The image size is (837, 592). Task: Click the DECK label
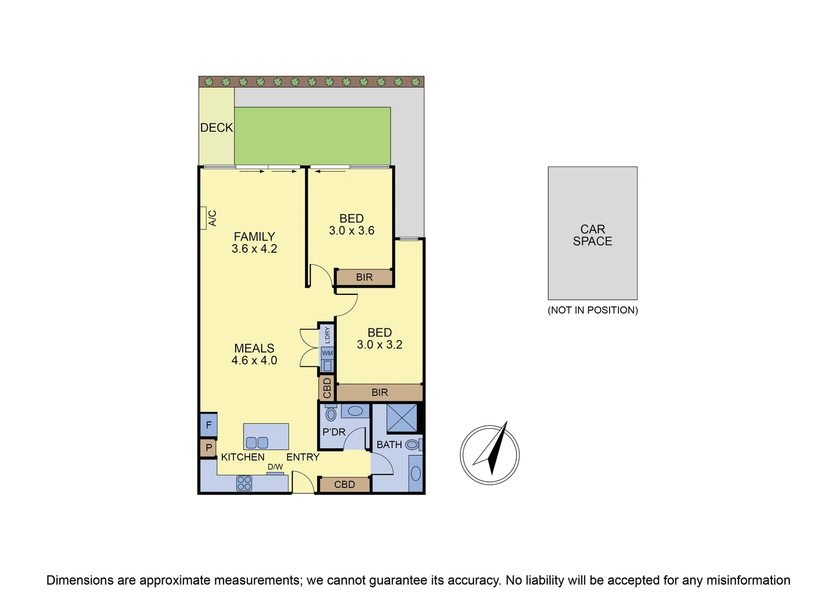(x=216, y=128)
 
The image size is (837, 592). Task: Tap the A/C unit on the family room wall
(x=204, y=218)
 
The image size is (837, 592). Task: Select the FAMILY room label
(x=254, y=237)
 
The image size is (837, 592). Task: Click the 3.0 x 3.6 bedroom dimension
(x=352, y=231)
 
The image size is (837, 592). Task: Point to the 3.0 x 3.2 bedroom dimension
(x=380, y=345)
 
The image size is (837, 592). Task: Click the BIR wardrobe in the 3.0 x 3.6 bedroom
(x=364, y=277)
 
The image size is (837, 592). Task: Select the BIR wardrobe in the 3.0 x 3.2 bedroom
(x=380, y=392)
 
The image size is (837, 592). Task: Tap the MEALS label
(x=254, y=349)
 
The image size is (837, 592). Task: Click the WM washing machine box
(x=328, y=354)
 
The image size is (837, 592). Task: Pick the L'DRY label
(x=328, y=335)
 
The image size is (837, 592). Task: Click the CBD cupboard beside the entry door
(x=345, y=485)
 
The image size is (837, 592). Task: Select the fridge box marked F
(x=209, y=425)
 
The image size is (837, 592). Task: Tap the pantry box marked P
(x=209, y=448)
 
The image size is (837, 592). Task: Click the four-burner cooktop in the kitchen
(x=244, y=483)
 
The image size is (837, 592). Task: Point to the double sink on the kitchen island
(x=257, y=442)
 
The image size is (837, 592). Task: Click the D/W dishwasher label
(x=275, y=467)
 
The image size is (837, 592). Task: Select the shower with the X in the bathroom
(x=402, y=418)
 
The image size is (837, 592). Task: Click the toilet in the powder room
(x=331, y=413)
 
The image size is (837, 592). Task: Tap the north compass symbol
(x=490, y=454)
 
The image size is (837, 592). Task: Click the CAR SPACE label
(x=592, y=235)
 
